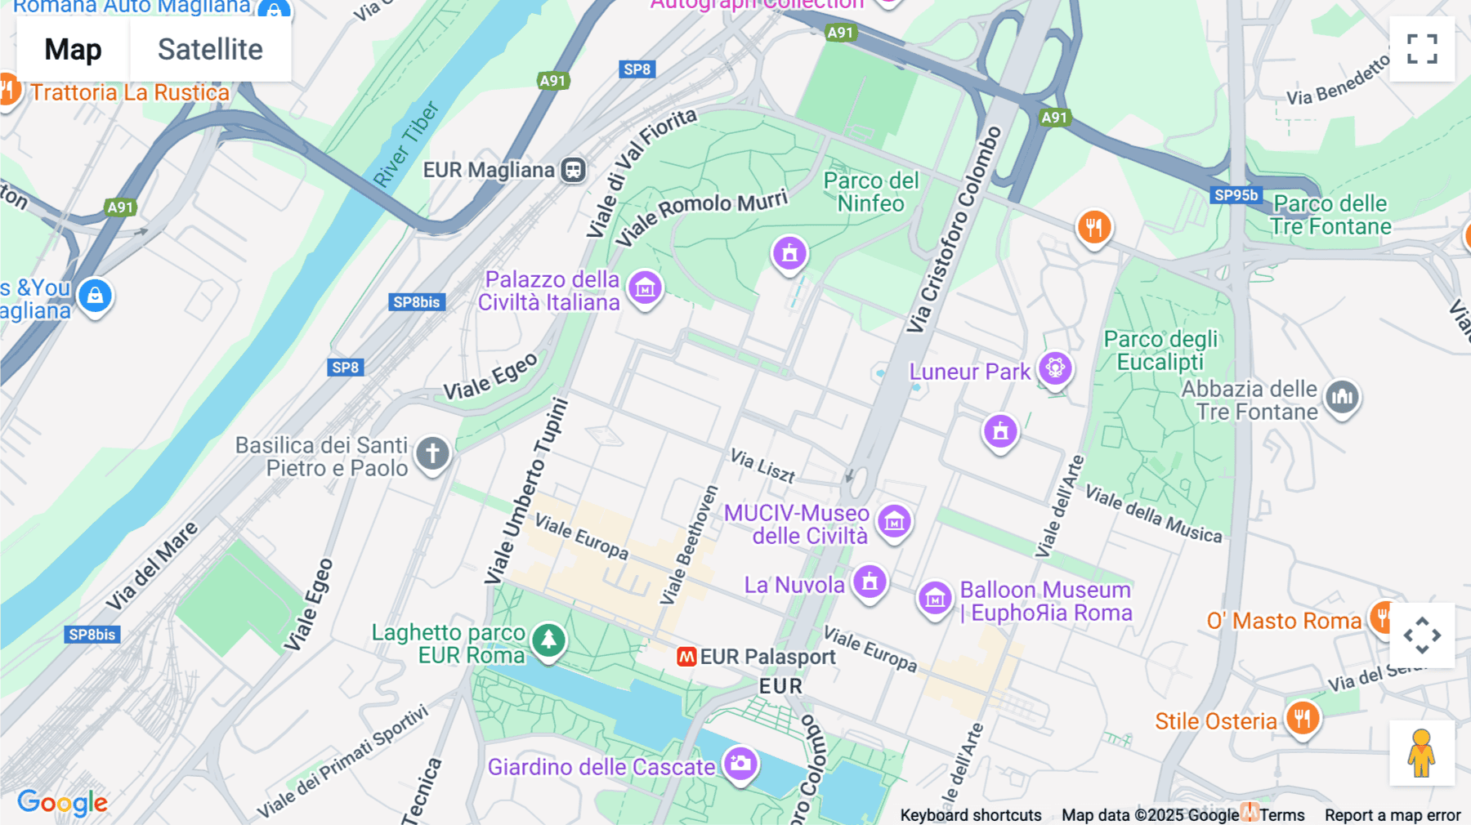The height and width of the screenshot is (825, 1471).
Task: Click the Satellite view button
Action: coord(210,50)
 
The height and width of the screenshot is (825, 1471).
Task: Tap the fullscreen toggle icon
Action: coord(1421,49)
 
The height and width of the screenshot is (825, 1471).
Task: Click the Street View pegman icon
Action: coord(1421,752)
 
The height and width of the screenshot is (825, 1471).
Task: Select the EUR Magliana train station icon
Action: coord(574,170)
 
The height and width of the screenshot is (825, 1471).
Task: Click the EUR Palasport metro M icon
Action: coord(686,657)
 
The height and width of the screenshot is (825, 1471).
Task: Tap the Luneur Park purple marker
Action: coord(1055,368)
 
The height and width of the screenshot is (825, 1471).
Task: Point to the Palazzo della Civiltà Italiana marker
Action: coord(645,288)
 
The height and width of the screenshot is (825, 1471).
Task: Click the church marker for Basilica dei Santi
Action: coord(432,453)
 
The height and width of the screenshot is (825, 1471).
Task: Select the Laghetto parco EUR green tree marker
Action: coord(548,640)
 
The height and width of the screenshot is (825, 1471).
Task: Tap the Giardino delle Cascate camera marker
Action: coord(740,764)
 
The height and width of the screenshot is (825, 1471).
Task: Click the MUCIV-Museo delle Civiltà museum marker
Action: coord(894,520)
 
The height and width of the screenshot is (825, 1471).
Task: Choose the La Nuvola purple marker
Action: coord(870,582)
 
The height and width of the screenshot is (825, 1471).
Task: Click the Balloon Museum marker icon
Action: coord(935,599)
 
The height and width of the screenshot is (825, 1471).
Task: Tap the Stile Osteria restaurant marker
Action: coord(1302,719)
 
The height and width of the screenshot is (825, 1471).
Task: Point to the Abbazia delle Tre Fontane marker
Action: coord(1342,398)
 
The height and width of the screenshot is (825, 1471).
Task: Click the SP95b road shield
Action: coord(1236,195)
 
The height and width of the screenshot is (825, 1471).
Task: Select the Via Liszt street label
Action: coord(762,466)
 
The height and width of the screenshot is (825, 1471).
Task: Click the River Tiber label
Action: coord(406,145)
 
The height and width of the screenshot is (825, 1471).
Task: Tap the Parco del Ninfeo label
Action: coord(870,192)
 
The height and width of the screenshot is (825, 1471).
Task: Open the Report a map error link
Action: coord(1392,815)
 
